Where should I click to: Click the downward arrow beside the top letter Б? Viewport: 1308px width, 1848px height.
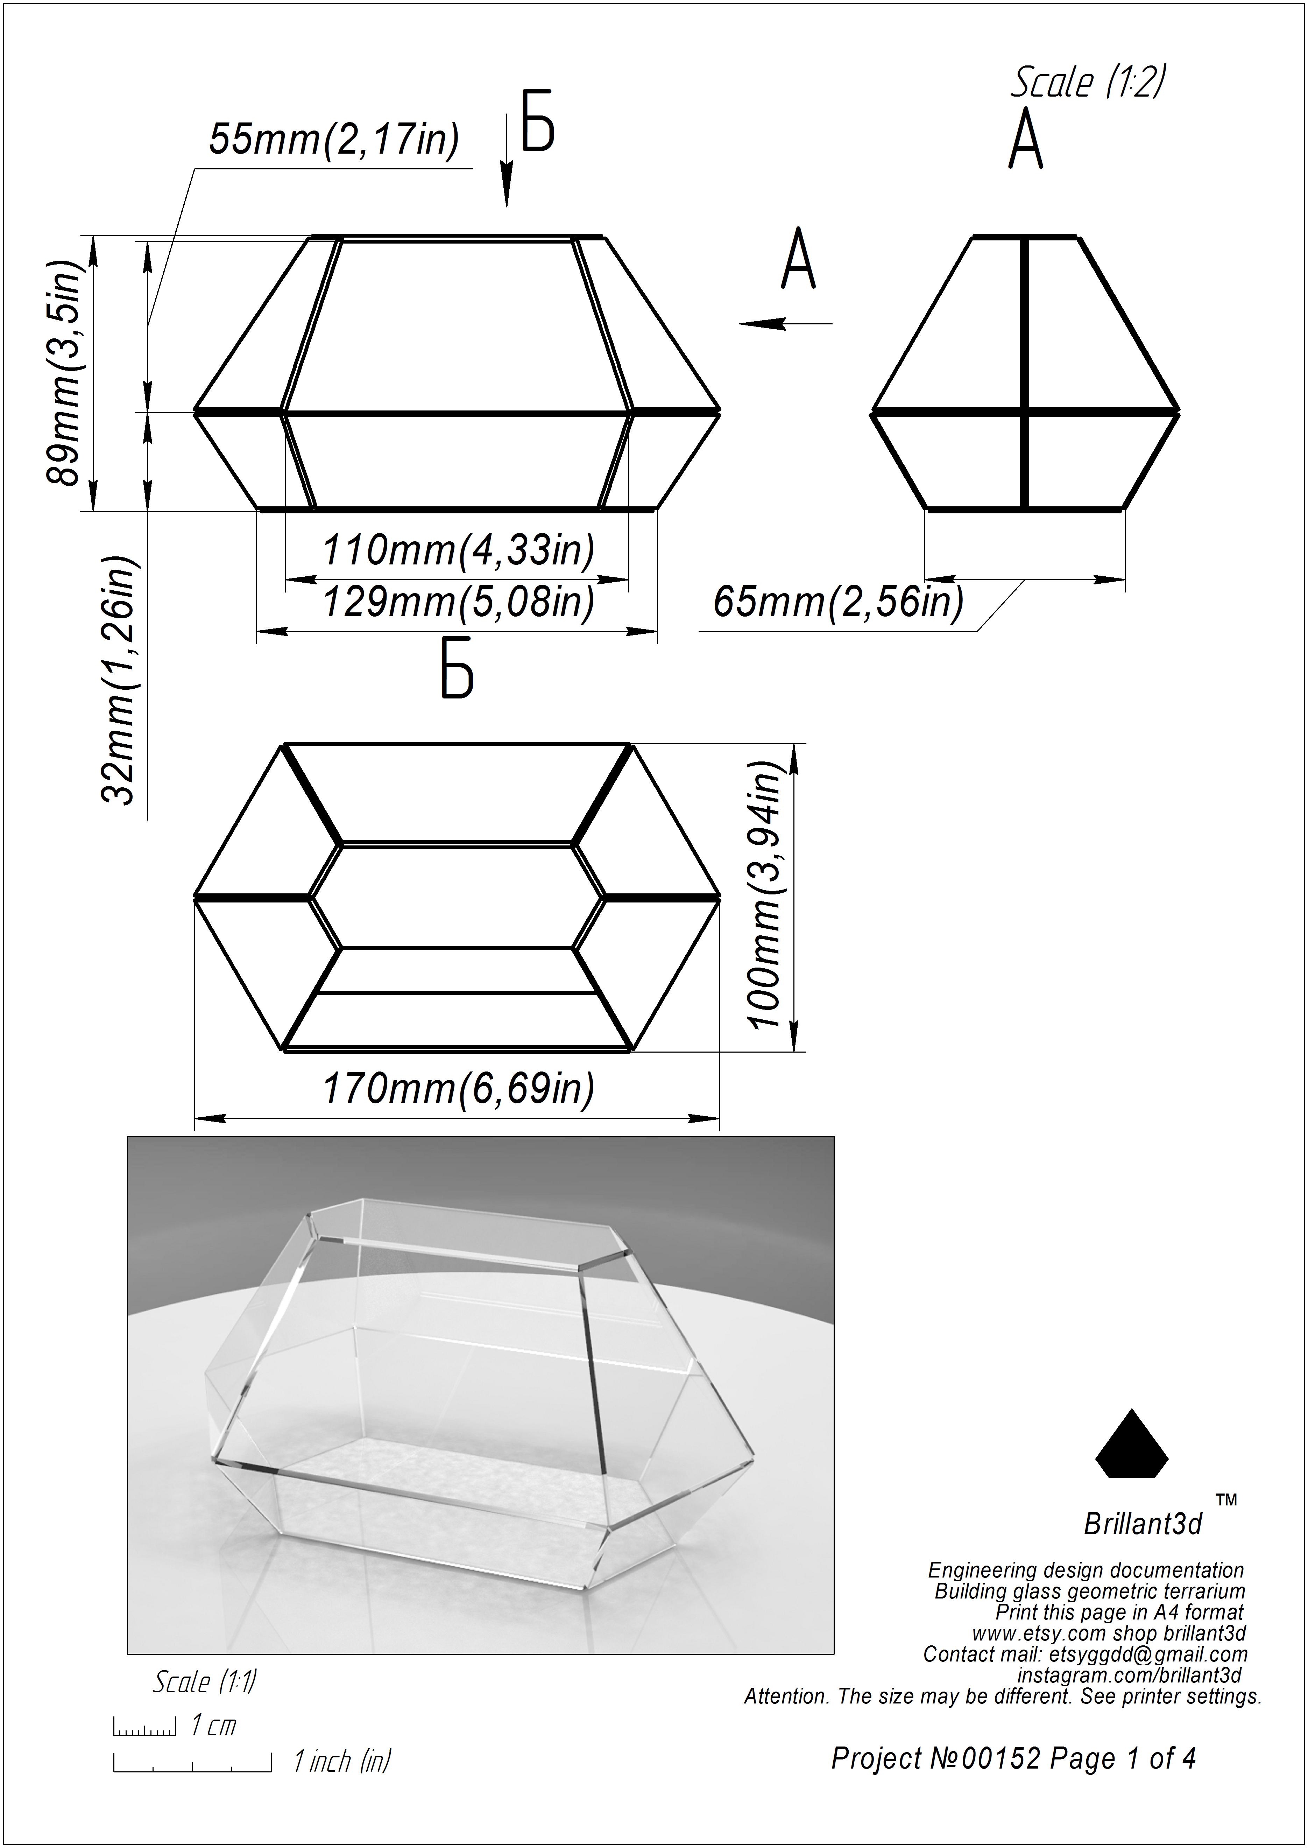[506, 161]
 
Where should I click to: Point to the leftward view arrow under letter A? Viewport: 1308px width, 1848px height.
[785, 324]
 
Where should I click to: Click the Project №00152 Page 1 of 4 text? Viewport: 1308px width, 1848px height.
[1013, 1758]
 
